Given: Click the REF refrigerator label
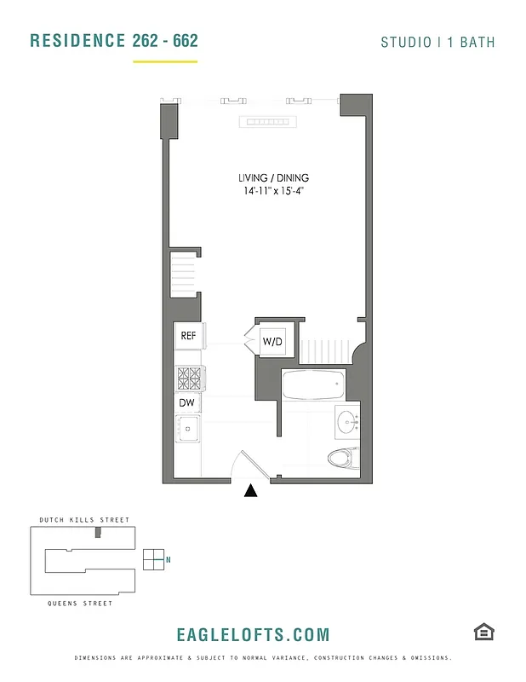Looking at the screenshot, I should [x=188, y=336].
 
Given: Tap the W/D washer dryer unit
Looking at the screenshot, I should [x=272, y=342].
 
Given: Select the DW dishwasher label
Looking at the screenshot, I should [x=187, y=402].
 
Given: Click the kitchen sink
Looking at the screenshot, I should [x=187, y=428].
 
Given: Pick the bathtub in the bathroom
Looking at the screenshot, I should [x=313, y=385].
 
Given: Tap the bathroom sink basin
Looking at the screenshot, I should [x=348, y=422].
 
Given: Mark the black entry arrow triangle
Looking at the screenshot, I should [x=251, y=490].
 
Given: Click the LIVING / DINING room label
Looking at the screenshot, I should [x=273, y=178].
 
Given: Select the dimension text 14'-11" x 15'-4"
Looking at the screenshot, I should [x=273, y=192].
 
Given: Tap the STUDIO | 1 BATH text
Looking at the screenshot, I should [x=437, y=42].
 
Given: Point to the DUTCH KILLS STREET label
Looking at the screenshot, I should [x=84, y=520].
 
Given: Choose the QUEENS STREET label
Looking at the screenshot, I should [x=82, y=604].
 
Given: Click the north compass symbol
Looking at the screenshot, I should [x=154, y=559].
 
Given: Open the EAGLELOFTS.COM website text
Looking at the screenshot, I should [x=253, y=635].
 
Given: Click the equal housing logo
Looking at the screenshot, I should [x=483, y=632].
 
